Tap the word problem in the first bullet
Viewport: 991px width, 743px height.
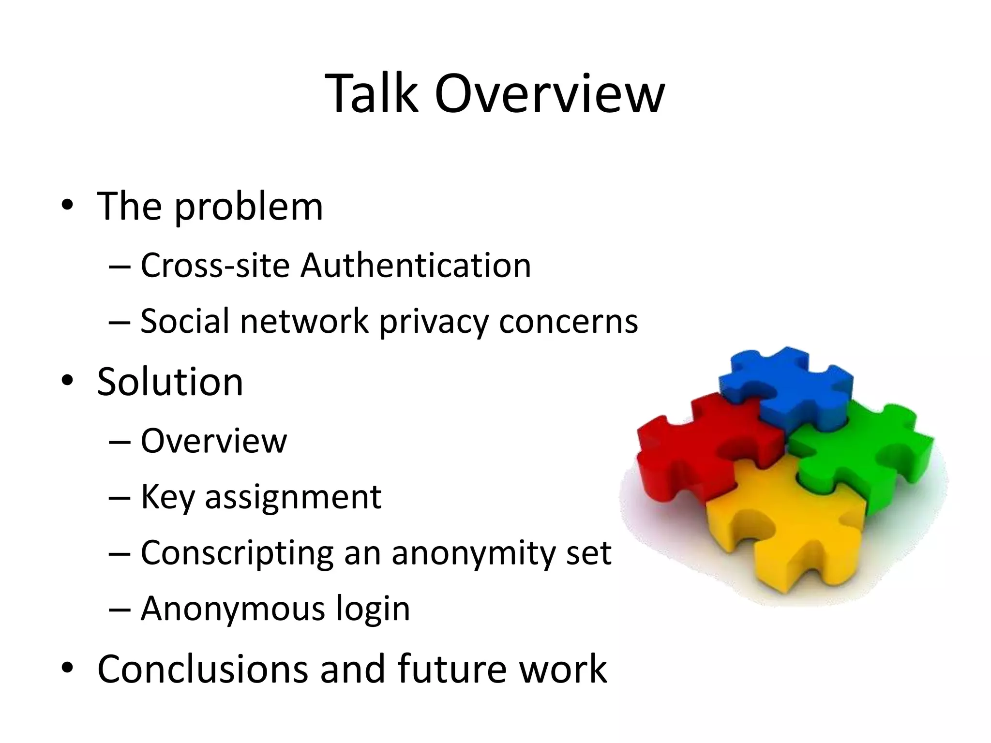(248, 207)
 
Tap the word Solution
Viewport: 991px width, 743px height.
(170, 382)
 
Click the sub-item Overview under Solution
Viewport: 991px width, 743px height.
(213, 441)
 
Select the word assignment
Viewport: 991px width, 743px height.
(293, 497)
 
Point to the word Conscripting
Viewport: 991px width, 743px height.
(237, 553)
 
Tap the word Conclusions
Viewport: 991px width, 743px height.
(203, 669)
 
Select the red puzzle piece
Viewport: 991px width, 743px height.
(687, 450)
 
